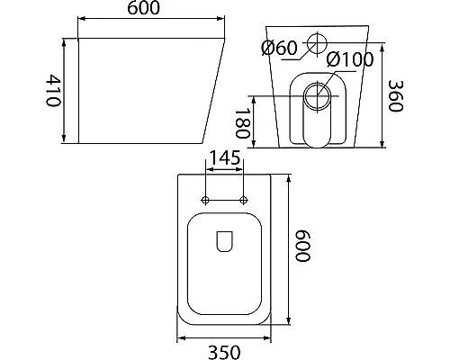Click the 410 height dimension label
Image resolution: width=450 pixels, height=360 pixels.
pyautogui.click(x=53, y=90)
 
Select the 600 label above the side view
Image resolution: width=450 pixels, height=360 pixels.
pyautogui.click(x=144, y=8)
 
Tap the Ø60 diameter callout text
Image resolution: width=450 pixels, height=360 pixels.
pyautogui.click(x=279, y=48)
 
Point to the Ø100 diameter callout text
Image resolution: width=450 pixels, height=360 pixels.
pyautogui.click(x=350, y=59)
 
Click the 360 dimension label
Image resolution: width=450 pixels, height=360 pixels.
pyautogui.click(x=395, y=96)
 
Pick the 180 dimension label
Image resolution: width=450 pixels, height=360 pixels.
pyautogui.click(x=242, y=123)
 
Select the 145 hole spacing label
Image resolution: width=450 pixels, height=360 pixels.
pyautogui.click(x=225, y=157)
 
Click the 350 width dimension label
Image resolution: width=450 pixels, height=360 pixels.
pyautogui.click(x=224, y=352)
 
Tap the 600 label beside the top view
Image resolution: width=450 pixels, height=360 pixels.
pyautogui.click(x=302, y=246)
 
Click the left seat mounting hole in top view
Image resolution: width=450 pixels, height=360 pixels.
pyautogui.click(x=205, y=200)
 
